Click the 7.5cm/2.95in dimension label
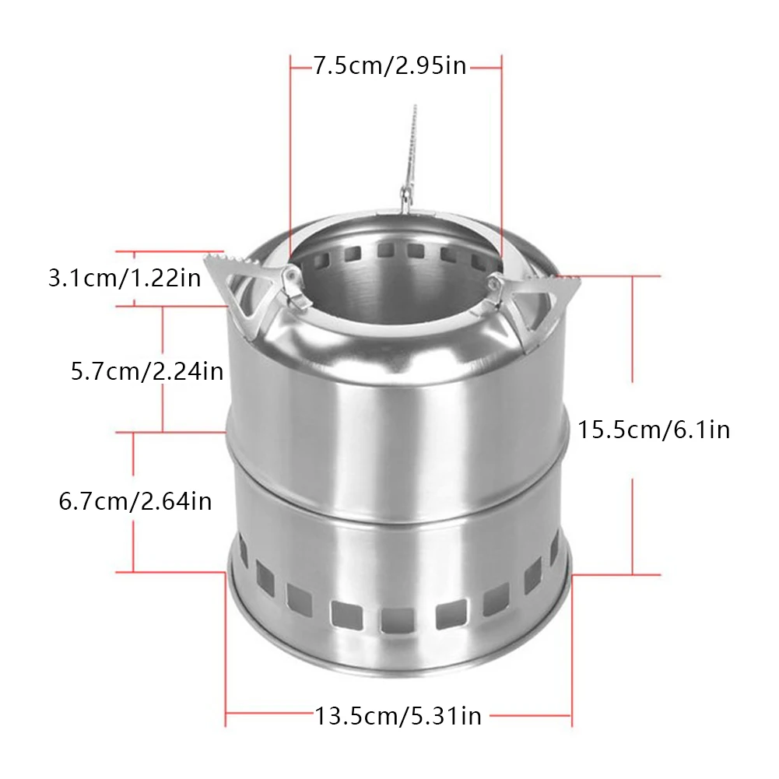pos(389,66)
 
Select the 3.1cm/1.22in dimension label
pos(125,278)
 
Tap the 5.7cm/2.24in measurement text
pos(147,371)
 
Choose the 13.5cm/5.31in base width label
pos(398,715)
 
